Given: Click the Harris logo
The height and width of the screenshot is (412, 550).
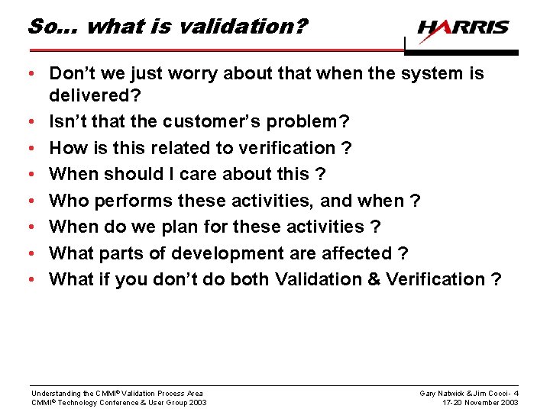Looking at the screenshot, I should [463, 27].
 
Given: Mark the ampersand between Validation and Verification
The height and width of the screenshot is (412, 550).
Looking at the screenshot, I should [373, 279].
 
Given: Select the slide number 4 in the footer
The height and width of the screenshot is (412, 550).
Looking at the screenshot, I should [516, 393].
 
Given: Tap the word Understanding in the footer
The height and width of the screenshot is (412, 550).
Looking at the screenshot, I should [54, 393].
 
